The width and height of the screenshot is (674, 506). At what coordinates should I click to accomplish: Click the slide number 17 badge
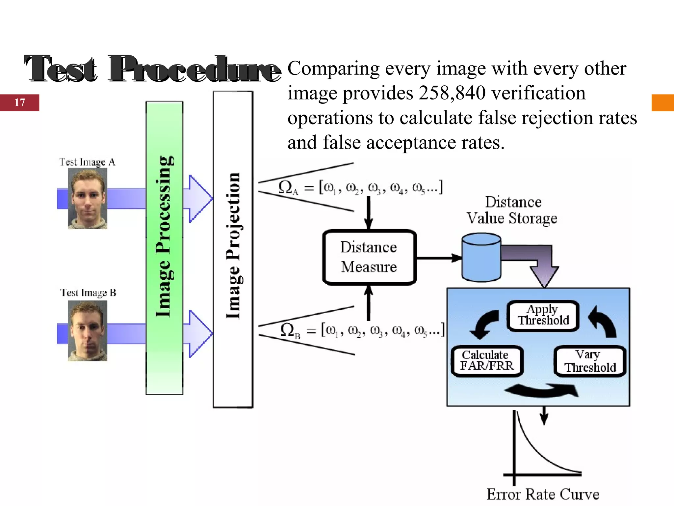[19, 102]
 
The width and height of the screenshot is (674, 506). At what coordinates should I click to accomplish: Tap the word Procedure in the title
[194, 70]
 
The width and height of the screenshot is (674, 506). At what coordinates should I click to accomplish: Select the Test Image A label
[87, 162]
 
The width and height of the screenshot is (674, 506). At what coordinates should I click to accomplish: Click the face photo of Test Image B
[87, 330]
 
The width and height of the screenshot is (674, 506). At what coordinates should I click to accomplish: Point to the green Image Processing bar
[164, 248]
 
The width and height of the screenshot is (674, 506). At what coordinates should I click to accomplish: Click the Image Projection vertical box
[233, 249]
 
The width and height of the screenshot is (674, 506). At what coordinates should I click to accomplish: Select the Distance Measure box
[369, 257]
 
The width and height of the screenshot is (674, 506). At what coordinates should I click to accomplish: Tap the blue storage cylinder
[481, 258]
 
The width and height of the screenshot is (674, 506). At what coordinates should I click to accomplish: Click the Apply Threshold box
[543, 316]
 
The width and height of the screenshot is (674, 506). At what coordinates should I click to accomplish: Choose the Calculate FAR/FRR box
[487, 361]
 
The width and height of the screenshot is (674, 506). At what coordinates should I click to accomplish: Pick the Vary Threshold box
[590, 361]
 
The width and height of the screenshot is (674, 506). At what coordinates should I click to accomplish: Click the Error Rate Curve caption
[543, 494]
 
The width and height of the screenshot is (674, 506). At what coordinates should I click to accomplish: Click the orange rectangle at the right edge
[662, 102]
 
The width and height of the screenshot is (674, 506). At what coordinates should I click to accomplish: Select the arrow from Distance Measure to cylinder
[439, 258]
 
